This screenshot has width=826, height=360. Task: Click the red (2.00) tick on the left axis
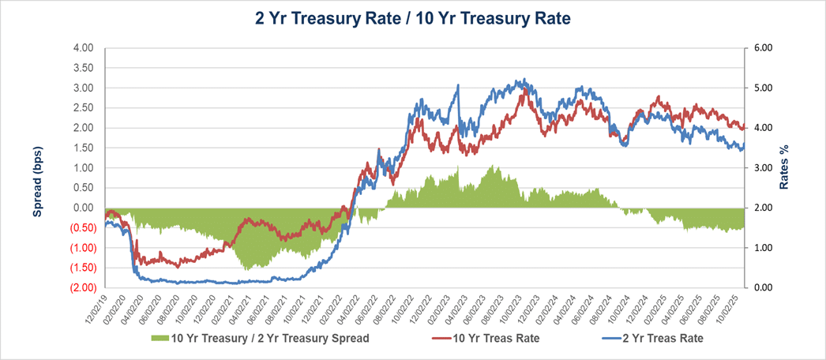click(x=79, y=287)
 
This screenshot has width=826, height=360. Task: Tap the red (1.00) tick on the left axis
click(x=79, y=248)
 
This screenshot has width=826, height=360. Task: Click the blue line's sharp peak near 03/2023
click(x=457, y=86)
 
